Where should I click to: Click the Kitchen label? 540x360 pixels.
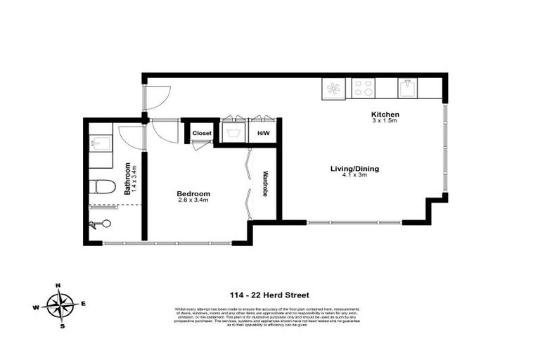pyautogui.click(x=385, y=114)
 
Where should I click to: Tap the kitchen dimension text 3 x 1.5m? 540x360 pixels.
pyautogui.click(x=385, y=121)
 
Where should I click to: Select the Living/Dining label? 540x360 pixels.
pyautogui.click(x=355, y=168)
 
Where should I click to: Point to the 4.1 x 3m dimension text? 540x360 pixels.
pyautogui.click(x=355, y=175)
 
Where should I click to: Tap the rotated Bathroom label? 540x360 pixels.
pyautogui.click(x=129, y=179)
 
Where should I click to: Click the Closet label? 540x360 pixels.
pyautogui.click(x=202, y=133)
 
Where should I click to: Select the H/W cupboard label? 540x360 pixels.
pyautogui.click(x=263, y=133)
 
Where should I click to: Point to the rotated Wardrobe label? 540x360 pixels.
pyautogui.click(x=266, y=184)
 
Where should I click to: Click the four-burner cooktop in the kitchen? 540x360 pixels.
pyautogui.click(x=364, y=88)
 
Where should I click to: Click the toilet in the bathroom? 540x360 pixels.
pyautogui.click(x=103, y=187)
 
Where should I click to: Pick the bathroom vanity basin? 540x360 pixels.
pyautogui.click(x=98, y=143)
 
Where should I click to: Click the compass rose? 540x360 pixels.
pyautogui.click(x=60, y=305)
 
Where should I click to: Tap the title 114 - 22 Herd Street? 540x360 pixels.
pyautogui.click(x=269, y=295)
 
